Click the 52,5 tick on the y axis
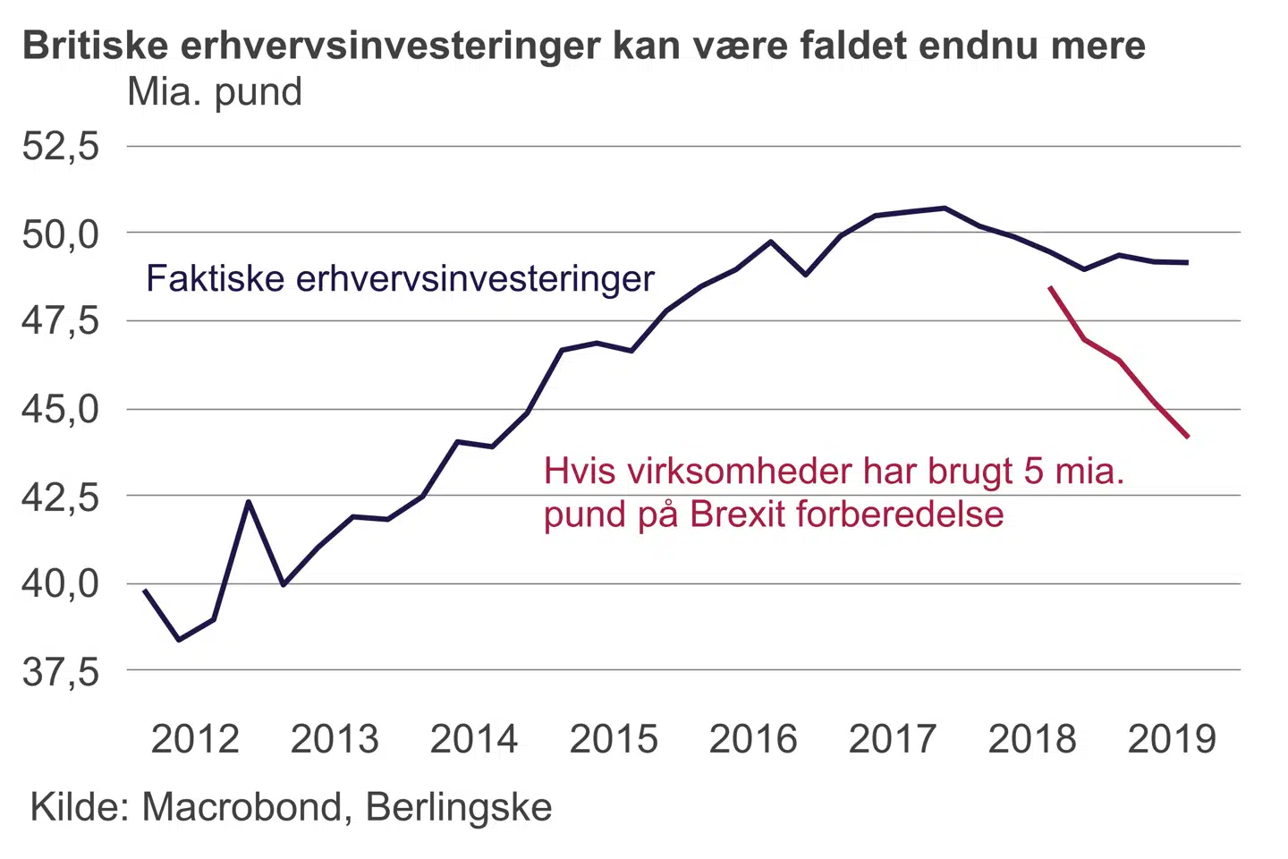61,146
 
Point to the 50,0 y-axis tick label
61,234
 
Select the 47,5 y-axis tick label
61,320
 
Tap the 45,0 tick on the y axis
61,409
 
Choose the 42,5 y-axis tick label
61,496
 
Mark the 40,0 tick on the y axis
61,583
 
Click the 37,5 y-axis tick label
61,670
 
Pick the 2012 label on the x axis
195,739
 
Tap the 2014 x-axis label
474,739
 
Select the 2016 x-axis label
753,739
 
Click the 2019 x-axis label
1172,739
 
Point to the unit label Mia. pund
215,92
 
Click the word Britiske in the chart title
96,45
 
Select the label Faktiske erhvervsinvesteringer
400,278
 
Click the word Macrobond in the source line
242,807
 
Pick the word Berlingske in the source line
459,807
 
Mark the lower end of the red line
1188,437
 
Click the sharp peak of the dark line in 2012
249,501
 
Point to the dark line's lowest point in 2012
180,640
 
